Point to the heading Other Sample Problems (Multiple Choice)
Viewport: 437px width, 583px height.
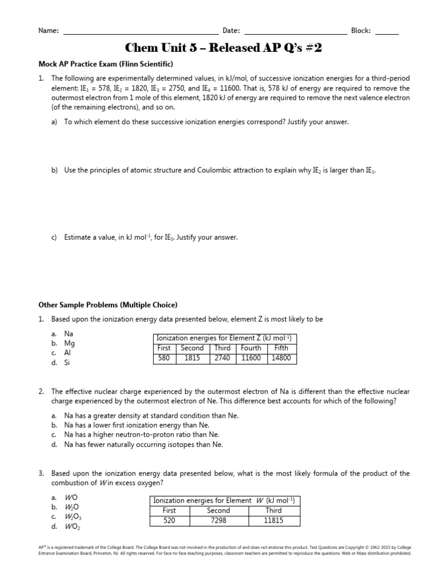click(x=108, y=305)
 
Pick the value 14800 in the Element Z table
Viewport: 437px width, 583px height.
click(x=281, y=358)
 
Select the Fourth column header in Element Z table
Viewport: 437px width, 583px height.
click(x=251, y=348)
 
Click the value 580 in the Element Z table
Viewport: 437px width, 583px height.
click(x=164, y=358)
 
